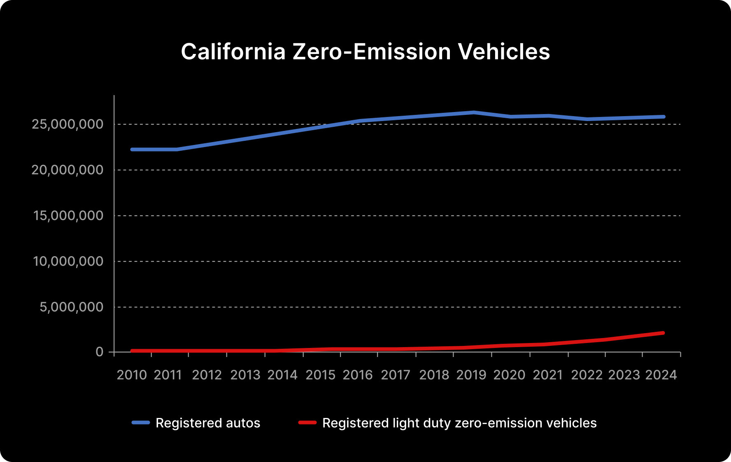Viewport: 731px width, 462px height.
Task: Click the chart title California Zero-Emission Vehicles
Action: pyautogui.click(x=365, y=52)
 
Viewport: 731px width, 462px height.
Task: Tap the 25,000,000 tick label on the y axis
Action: pyautogui.click(x=68, y=124)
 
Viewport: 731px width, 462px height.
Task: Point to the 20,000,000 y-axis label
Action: pyautogui.click(x=68, y=170)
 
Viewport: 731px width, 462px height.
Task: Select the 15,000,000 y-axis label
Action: pyautogui.click(x=68, y=215)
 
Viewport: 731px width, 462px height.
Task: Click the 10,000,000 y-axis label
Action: pyautogui.click(x=68, y=261)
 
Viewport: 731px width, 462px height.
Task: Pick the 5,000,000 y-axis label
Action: pyautogui.click(x=72, y=307)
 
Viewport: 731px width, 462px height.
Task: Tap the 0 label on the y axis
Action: pyautogui.click(x=100, y=352)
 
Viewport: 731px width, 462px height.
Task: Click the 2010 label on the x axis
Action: pyautogui.click(x=132, y=375)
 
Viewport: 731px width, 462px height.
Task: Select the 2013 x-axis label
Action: pyautogui.click(x=245, y=375)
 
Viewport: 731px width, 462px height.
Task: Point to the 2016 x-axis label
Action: pyautogui.click(x=358, y=375)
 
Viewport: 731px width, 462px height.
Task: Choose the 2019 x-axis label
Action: pyautogui.click(x=471, y=375)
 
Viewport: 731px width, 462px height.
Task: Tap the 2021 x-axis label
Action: pyautogui.click(x=548, y=375)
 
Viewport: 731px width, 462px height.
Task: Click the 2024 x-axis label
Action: pyautogui.click(x=661, y=375)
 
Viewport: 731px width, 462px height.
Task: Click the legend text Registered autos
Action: pyautogui.click(x=208, y=423)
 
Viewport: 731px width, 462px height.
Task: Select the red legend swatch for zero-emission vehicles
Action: pyautogui.click(x=307, y=422)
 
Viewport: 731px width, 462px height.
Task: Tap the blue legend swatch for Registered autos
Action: pyautogui.click(x=141, y=422)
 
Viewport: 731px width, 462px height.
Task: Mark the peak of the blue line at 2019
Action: pyautogui.click(x=474, y=112)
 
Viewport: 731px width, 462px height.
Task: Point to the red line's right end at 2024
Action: pyautogui.click(x=663, y=333)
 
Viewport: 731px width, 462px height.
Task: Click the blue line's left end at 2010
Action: pyautogui.click(x=132, y=149)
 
